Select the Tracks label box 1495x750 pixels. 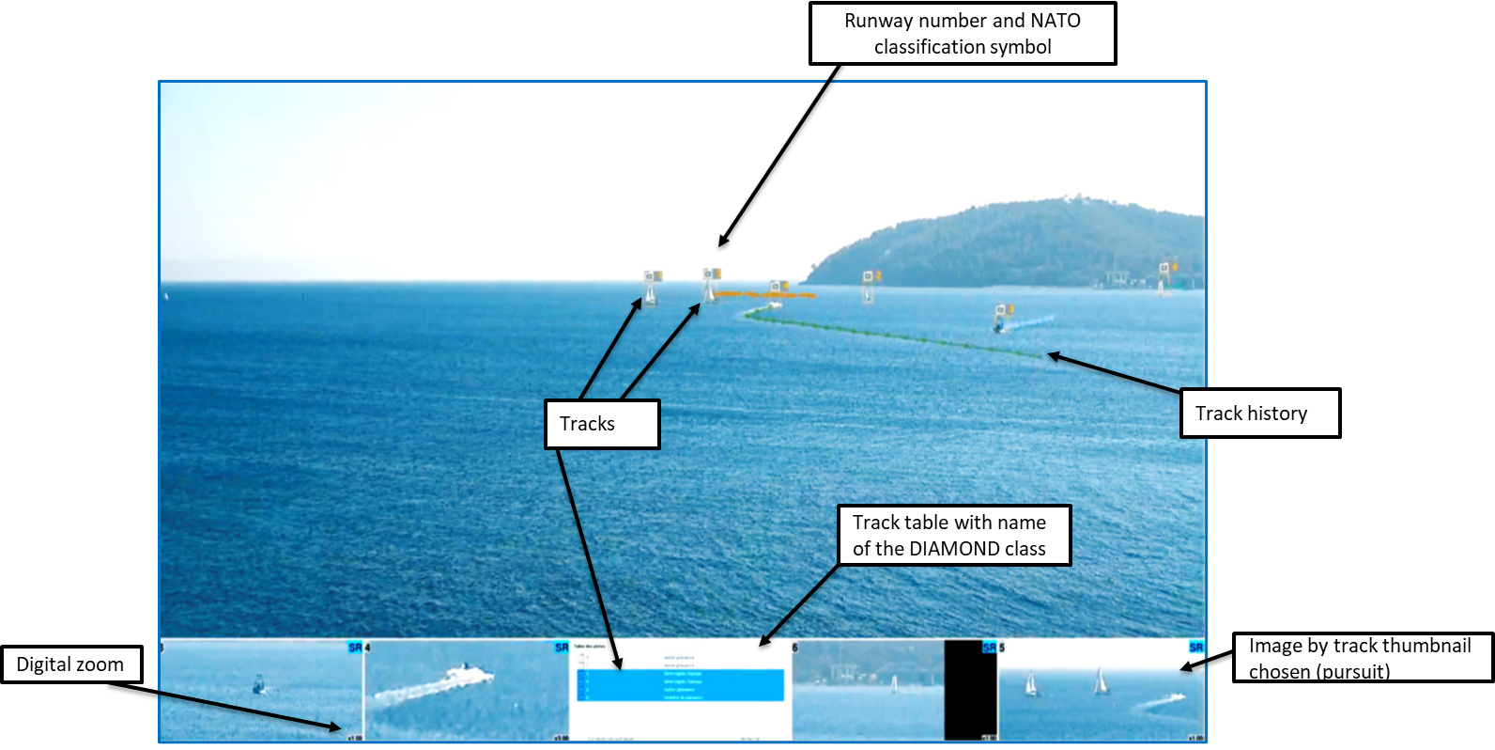[x=602, y=424]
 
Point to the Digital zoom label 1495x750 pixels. [x=71, y=664]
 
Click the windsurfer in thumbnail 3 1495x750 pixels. [x=258, y=685]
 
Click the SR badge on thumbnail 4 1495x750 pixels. [x=561, y=648]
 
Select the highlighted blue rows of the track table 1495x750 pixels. [x=681, y=685]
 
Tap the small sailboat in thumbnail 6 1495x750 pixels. [x=894, y=684]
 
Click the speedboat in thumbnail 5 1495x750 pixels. [x=1164, y=700]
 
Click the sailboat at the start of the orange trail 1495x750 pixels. [x=710, y=292]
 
